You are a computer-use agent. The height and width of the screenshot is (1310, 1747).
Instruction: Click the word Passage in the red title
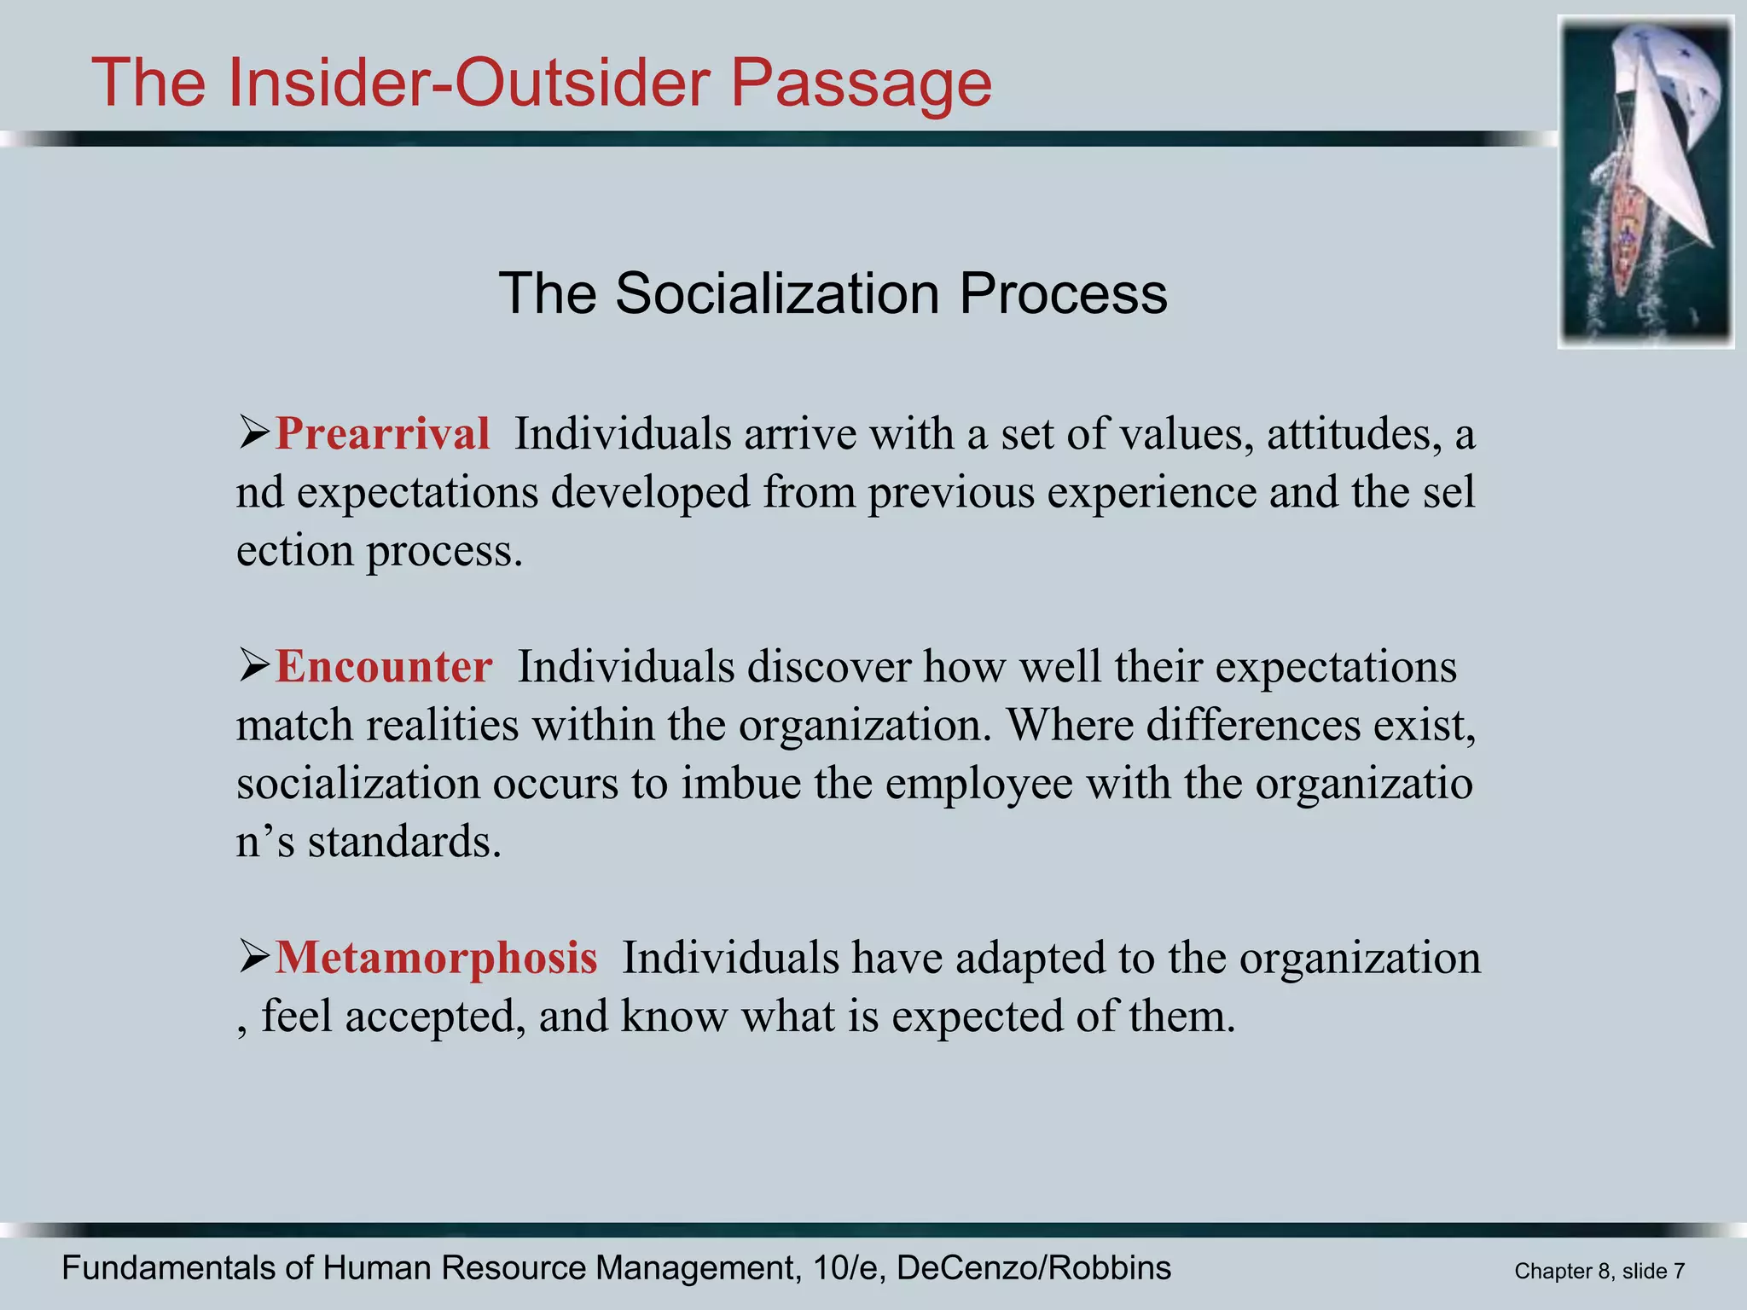click(x=862, y=84)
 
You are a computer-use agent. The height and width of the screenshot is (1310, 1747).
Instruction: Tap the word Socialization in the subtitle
click(x=779, y=294)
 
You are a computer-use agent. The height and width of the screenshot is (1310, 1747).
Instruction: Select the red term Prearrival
click(x=382, y=434)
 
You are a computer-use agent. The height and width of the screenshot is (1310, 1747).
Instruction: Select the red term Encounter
click(x=384, y=667)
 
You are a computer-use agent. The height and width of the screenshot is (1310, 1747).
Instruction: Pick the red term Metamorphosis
click(x=436, y=958)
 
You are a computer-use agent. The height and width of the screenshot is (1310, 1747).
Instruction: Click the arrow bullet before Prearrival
click(x=253, y=433)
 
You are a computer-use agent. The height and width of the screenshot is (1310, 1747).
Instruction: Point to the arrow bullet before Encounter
click(x=253, y=666)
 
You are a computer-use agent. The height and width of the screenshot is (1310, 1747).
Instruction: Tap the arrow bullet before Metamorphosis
click(x=253, y=957)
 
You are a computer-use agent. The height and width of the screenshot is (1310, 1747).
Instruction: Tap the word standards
click(x=404, y=842)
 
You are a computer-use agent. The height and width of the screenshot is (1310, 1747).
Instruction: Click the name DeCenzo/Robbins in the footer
click(x=1034, y=1268)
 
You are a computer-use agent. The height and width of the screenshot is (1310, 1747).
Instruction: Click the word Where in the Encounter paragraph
click(x=1068, y=726)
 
